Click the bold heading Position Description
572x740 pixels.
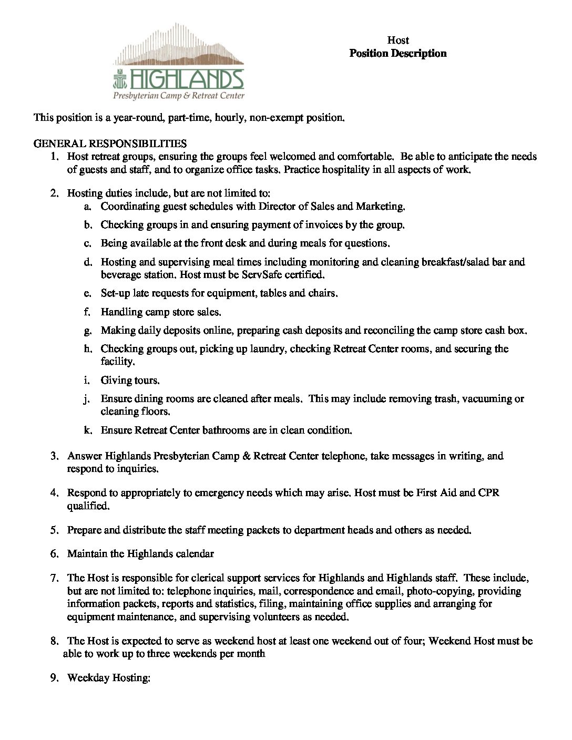(398, 53)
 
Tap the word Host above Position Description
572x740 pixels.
(398, 40)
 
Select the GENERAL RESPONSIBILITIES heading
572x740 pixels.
(110, 143)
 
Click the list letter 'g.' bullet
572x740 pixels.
(88, 331)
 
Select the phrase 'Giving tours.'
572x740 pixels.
(130, 380)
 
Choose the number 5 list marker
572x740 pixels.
(54, 530)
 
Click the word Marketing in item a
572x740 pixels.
(380, 207)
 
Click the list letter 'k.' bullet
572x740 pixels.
(88, 430)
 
